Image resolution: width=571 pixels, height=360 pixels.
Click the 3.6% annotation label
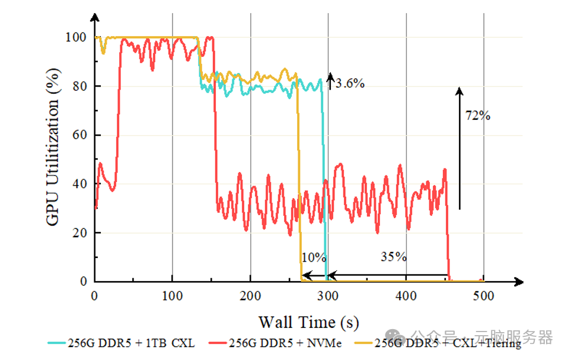tap(350, 84)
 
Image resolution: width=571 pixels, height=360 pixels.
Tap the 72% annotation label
tap(477, 116)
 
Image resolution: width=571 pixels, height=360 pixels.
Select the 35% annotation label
tap(394, 257)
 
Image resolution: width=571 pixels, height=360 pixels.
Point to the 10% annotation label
tap(314, 257)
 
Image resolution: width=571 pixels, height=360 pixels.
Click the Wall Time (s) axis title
tap(308, 322)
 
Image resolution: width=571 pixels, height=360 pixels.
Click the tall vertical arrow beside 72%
tap(459, 148)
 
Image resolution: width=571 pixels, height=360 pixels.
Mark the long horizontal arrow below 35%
tap(388, 275)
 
